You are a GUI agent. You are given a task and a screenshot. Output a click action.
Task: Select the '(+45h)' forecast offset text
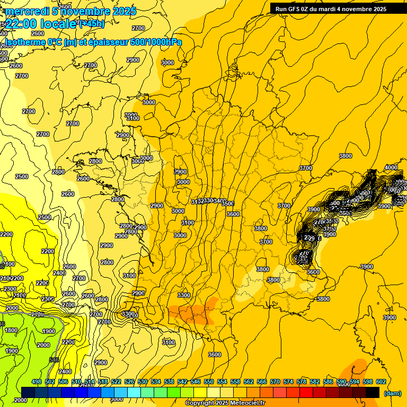coord(91,23)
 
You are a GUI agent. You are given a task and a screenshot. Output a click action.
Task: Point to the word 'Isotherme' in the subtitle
coord(24,42)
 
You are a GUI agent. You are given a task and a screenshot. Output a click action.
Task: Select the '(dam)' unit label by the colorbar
coord(392,393)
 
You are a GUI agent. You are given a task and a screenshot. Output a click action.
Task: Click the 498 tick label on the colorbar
coord(37,382)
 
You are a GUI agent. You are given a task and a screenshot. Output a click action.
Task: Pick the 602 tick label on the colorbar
coord(381,382)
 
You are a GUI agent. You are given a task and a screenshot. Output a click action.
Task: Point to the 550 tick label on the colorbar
coord(209,382)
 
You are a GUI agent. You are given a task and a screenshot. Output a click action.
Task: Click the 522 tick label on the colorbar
coord(116,382)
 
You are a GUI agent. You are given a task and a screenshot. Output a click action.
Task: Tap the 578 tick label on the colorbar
coord(302,382)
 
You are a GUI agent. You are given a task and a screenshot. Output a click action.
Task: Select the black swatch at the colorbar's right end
coord(373,392)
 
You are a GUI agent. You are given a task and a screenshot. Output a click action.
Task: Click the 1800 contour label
coord(11,330)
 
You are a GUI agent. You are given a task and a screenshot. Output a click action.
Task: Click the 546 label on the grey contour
coord(54,360)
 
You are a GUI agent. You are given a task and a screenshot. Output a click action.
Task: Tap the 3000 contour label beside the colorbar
coord(117,400)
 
